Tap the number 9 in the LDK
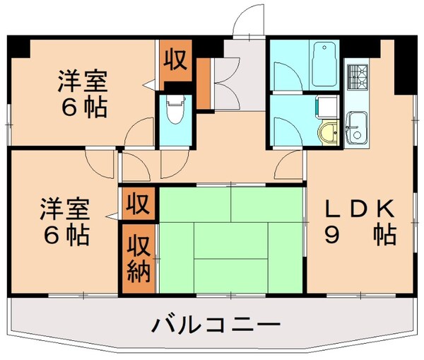pos(331,235)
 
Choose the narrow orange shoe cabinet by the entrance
pos(202,84)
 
